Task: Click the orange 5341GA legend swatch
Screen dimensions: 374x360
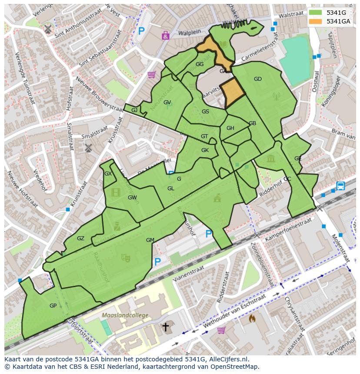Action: pyautogui.click(x=316, y=21)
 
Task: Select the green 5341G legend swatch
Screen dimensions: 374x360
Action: pyautogui.click(x=316, y=13)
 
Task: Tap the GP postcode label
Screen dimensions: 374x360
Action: pyautogui.click(x=53, y=306)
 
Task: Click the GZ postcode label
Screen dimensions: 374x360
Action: pyautogui.click(x=80, y=238)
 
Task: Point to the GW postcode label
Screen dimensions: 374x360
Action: pyautogui.click(x=132, y=198)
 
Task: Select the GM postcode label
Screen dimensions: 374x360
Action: pyautogui.click(x=150, y=240)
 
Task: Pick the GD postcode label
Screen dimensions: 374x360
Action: pyautogui.click(x=258, y=79)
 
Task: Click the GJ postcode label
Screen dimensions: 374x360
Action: pyautogui.click(x=134, y=110)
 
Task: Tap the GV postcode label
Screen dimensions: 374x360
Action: pyautogui.click(x=167, y=103)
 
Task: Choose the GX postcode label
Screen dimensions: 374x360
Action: pyautogui.click(x=108, y=174)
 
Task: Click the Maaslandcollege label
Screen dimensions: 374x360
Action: pyautogui.click(x=125, y=315)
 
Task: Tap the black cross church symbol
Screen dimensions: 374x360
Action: pyautogui.click(x=166, y=327)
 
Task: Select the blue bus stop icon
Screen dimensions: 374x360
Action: pyautogui.click(x=340, y=186)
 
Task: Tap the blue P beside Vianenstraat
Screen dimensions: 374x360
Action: pyautogui.click(x=157, y=262)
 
